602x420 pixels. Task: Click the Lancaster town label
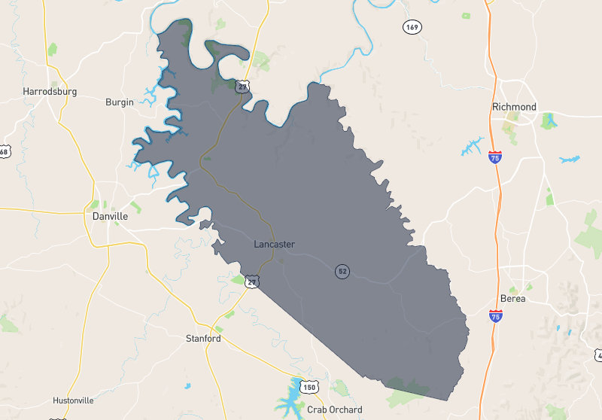tap(274, 245)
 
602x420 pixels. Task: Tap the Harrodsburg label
tap(50, 92)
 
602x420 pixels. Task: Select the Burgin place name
tap(119, 102)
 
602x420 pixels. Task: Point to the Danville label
tap(110, 216)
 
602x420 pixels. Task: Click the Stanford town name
tap(203, 339)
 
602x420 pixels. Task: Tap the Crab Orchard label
tap(334, 410)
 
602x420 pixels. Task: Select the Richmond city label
tap(514, 107)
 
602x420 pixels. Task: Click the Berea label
tap(513, 299)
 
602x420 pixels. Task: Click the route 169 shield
tap(412, 27)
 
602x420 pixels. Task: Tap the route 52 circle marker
tap(342, 271)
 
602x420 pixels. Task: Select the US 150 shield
tap(309, 388)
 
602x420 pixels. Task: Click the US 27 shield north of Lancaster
tap(242, 87)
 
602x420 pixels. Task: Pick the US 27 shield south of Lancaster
tap(252, 282)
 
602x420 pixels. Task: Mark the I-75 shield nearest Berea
tap(495, 316)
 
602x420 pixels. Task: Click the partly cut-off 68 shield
tap(3, 152)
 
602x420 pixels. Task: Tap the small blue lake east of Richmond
tap(570, 160)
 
